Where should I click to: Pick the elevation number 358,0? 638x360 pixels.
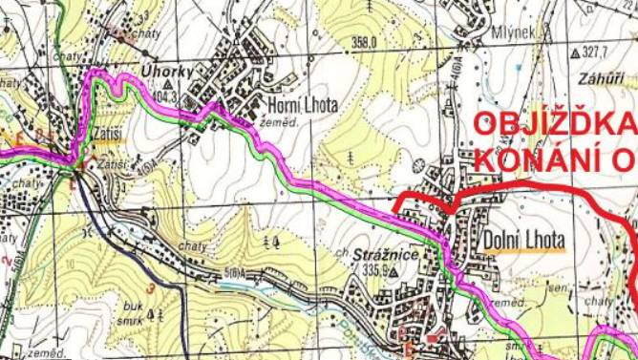point(365,42)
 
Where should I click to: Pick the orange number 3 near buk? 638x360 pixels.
point(150,287)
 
